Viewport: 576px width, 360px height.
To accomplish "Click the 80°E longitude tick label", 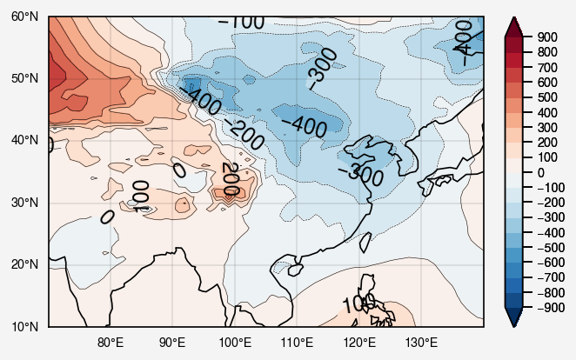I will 111,342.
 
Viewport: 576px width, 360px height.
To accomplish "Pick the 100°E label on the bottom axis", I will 235,342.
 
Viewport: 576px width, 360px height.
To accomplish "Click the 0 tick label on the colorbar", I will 540,172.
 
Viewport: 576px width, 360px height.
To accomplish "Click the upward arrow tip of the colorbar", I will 515,18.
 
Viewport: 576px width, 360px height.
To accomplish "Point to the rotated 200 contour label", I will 230,178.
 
